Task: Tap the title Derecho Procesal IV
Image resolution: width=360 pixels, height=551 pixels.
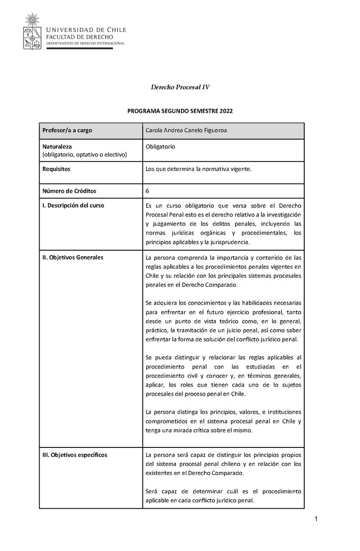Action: pyautogui.click(x=180, y=87)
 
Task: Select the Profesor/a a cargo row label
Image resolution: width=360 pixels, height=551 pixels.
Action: pyautogui.click(x=67, y=131)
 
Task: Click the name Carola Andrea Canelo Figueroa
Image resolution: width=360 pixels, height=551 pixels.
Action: pyautogui.click(x=186, y=131)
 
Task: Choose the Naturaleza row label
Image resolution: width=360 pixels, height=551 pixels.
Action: pyautogui.click(x=57, y=147)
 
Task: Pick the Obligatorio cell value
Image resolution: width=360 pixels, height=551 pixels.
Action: pyautogui.click(x=160, y=147)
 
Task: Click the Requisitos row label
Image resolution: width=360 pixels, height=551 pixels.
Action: pyautogui.click(x=56, y=169)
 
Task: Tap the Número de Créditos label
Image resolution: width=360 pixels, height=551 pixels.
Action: pyautogui.click(x=69, y=191)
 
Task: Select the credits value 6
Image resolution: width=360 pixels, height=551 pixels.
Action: pyautogui.click(x=148, y=191)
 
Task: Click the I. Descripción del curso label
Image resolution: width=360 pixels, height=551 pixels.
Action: pyautogui.click(x=73, y=205)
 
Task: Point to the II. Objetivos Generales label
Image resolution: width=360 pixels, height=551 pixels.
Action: pyautogui.click(x=72, y=257)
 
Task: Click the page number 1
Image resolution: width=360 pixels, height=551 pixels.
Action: pyautogui.click(x=316, y=520)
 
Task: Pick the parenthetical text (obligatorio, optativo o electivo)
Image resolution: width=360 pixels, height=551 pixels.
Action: pyautogui.click(x=85, y=155)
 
